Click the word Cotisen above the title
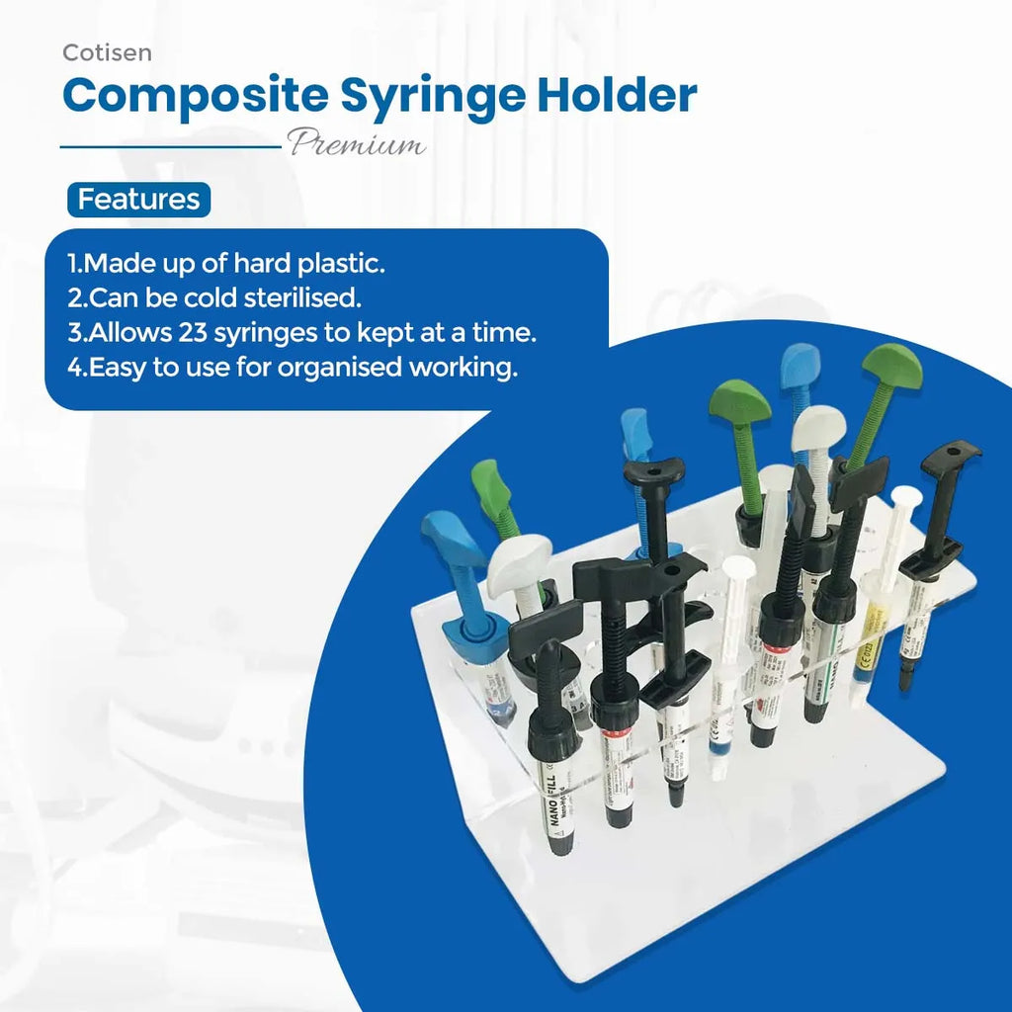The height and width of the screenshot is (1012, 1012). (x=107, y=52)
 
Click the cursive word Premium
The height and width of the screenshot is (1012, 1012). (x=357, y=144)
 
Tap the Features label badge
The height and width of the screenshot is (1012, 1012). (x=138, y=200)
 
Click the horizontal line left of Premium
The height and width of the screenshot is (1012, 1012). (x=172, y=146)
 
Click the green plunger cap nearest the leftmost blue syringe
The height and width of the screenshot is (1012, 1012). (x=490, y=485)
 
